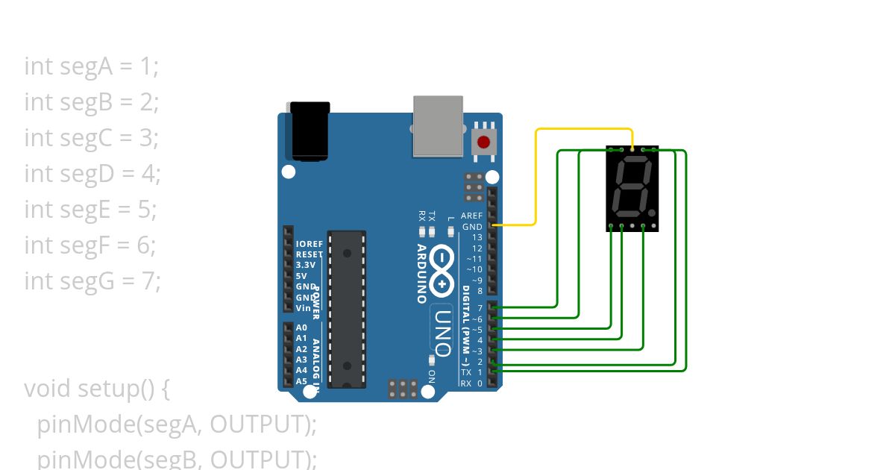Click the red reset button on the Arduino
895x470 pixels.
point(483,142)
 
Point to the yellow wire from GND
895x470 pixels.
point(536,179)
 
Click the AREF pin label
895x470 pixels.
point(471,216)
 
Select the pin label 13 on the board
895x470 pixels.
point(477,237)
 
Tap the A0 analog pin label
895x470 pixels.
point(301,328)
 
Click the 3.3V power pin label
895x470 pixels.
point(306,265)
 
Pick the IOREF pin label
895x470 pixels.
point(309,244)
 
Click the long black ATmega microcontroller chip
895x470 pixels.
point(347,309)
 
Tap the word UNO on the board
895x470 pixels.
point(442,331)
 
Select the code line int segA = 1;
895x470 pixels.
point(91,66)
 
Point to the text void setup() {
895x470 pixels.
point(98,389)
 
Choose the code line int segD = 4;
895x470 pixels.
point(92,174)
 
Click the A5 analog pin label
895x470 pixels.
point(301,381)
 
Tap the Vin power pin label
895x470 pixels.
point(304,308)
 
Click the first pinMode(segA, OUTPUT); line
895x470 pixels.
point(177,424)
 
